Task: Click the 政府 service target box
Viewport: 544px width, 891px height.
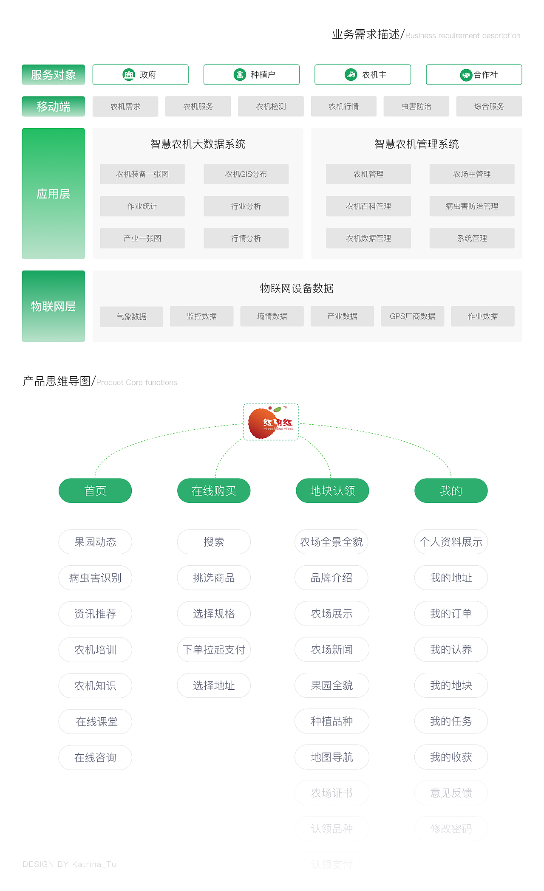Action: [x=140, y=75]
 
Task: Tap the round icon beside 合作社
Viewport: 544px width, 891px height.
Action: [x=466, y=75]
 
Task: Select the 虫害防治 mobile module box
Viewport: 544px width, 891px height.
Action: [x=416, y=107]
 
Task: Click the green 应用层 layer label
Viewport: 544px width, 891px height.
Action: [x=53, y=194]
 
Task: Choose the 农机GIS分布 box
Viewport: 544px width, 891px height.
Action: [x=246, y=174]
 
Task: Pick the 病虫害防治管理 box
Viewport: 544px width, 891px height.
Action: [x=472, y=206]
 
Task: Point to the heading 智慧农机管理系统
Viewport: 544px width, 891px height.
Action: [x=416, y=144]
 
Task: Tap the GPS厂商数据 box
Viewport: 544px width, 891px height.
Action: [x=412, y=316]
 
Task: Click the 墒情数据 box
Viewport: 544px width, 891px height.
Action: [x=272, y=316]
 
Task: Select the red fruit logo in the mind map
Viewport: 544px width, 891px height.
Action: [x=271, y=422]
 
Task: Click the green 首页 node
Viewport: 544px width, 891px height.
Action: [x=95, y=491]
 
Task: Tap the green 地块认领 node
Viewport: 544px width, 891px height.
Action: [x=332, y=491]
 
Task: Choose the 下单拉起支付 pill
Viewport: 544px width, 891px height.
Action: [x=214, y=650]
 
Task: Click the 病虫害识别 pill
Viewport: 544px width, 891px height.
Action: [x=95, y=578]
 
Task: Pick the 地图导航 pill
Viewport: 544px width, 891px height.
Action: [x=332, y=757]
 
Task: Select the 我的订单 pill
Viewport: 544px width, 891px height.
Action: [x=451, y=614]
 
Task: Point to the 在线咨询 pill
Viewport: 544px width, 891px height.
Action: [x=95, y=758]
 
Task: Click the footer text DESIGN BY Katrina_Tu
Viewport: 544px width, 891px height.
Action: [x=69, y=864]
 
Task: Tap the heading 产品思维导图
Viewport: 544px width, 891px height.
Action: [x=57, y=381]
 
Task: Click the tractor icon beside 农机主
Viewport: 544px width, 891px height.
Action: [x=351, y=75]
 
